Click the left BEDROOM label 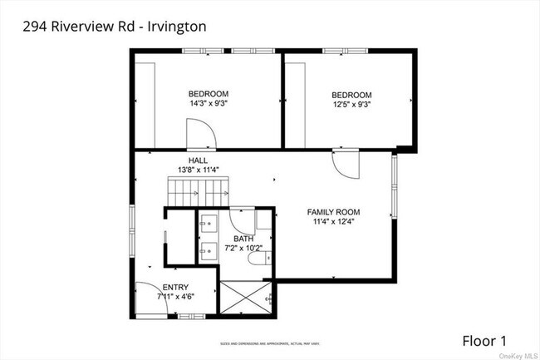pos(208,93)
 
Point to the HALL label pos(198,160)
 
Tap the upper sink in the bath pos(206,223)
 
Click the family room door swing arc pos(345,164)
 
